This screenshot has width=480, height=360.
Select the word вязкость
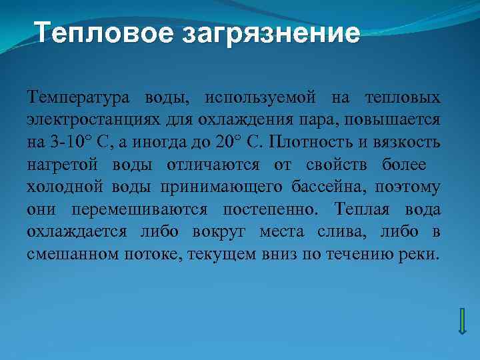click(410, 143)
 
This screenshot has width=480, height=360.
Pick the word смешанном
click(67, 255)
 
